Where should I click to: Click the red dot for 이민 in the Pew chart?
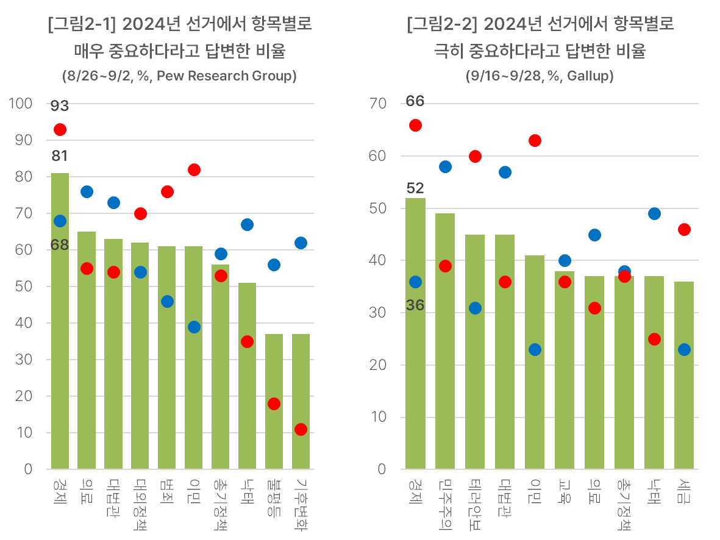tap(194, 170)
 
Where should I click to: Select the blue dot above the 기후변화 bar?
tap(301, 243)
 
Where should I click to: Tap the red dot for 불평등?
tap(274, 404)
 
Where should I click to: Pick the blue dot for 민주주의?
tap(445, 167)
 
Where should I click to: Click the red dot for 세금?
tap(684, 230)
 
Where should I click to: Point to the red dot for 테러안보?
tap(475, 157)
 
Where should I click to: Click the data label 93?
tap(60, 106)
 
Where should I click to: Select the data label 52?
tap(415, 188)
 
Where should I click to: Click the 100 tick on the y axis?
tap(21, 104)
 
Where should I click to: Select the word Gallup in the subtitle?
tap(588, 76)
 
